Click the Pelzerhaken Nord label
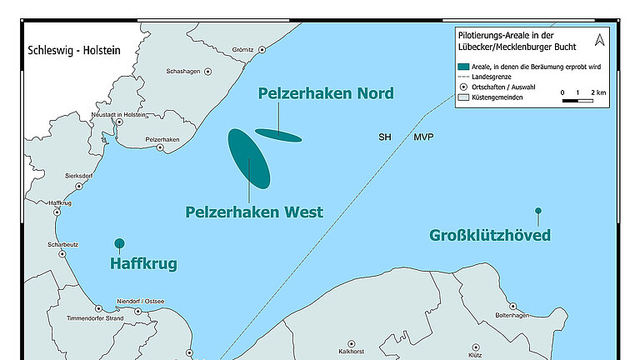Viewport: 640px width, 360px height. [326, 93]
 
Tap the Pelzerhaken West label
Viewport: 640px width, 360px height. [253, 212]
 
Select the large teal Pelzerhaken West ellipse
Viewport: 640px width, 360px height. [248, 157]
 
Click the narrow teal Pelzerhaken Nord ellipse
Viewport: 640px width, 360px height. [278, 135]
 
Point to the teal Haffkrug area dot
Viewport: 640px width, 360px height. [119, 243]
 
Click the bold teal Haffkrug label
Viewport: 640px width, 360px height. [143, 264]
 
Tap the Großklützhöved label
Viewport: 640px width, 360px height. [490, 235]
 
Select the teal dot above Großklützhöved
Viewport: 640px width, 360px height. [538, 211]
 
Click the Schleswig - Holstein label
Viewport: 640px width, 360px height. [74, 51]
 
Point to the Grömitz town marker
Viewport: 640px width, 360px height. [262, 50]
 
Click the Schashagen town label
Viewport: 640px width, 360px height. [183, 72]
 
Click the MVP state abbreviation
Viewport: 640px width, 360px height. [422, 137]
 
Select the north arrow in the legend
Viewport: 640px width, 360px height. [599, 40]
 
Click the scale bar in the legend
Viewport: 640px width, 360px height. [577, 100]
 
